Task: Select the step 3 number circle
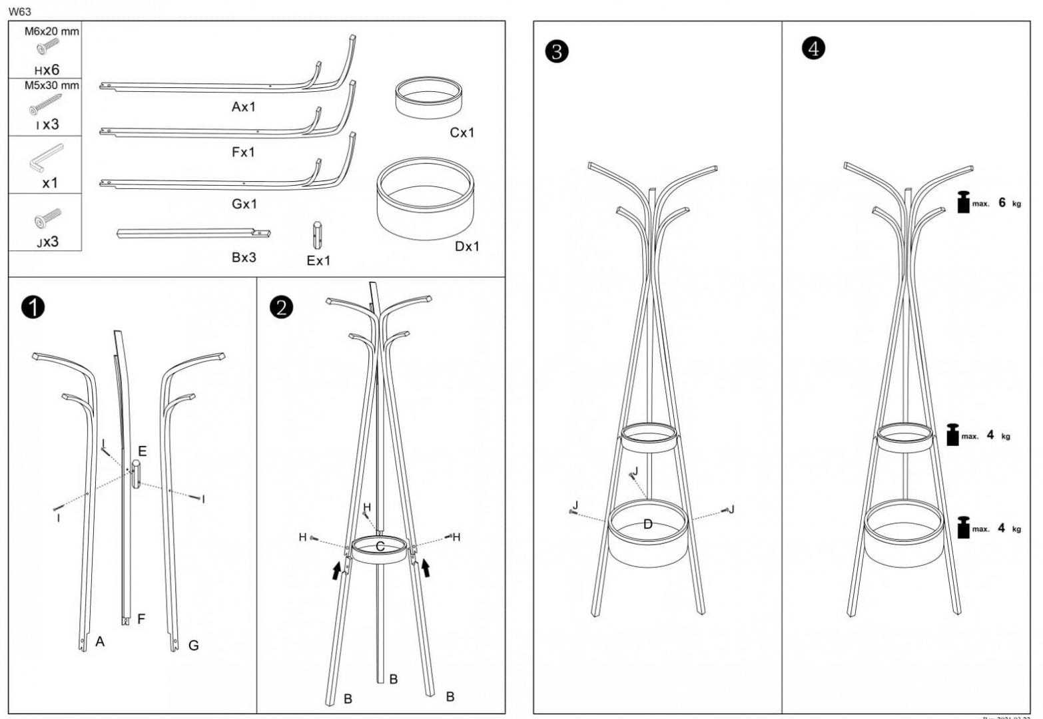(557, 51)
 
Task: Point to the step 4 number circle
(813, 48)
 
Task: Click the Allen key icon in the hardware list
(45, 157)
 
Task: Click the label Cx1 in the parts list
(462, 132)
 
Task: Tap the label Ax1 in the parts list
(244, 107)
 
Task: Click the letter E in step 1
(142, 451)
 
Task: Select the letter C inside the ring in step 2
(380, 547)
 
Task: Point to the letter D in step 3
(647, 525)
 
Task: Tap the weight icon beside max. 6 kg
(962, 202)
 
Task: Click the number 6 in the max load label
(1002, 202)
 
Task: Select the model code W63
(20, 11)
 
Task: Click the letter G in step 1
(193, 645)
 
